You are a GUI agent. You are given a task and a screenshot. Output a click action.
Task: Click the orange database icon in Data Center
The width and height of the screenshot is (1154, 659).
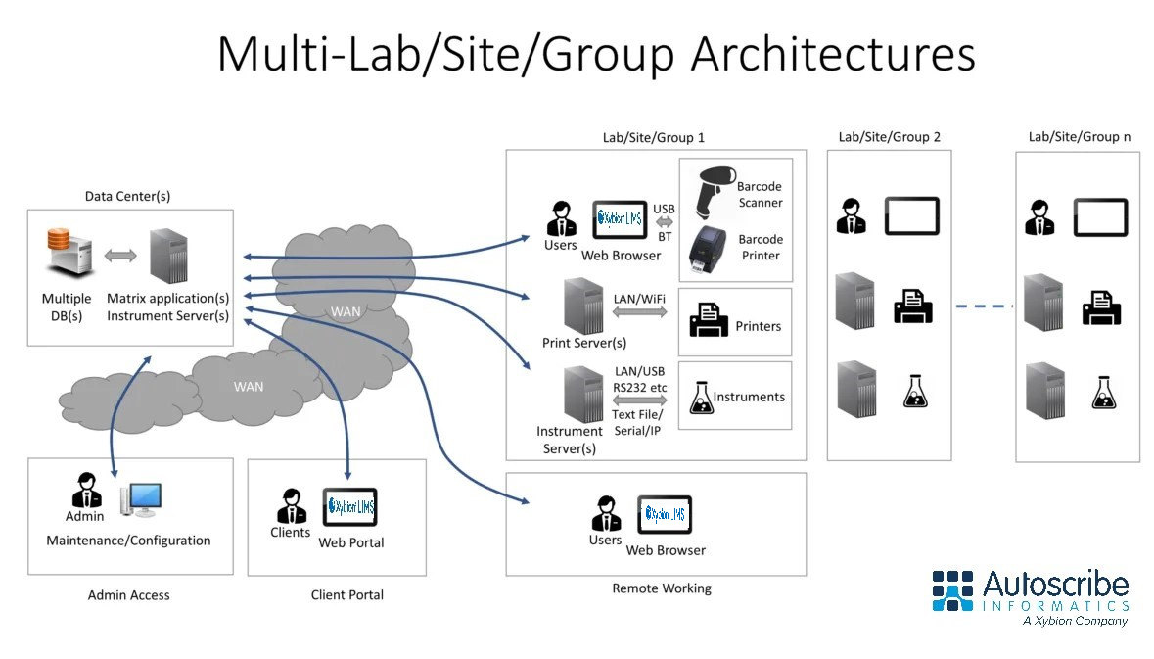67,256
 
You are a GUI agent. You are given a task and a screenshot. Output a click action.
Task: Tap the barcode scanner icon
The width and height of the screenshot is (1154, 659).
714,191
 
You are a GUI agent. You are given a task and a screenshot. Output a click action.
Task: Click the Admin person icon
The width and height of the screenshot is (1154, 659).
86,493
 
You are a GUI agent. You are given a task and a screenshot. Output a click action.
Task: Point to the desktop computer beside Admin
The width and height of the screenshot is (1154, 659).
140,499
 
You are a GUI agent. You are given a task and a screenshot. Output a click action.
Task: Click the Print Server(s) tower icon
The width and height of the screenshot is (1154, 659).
581,305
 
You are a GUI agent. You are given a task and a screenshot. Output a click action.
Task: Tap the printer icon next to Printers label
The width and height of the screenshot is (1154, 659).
709,320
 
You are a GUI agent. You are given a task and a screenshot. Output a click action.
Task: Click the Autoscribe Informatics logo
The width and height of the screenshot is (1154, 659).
1030,595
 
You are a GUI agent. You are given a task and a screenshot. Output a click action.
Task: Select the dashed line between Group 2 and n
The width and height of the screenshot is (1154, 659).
984,306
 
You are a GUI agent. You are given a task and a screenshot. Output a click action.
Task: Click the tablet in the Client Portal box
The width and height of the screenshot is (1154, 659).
349,507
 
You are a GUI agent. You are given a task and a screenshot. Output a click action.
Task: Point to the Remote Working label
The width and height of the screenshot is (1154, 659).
662,588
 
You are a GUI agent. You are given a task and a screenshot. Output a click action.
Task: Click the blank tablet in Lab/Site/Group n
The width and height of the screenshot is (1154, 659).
1100,217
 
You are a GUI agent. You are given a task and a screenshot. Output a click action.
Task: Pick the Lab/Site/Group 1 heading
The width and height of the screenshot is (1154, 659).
654,138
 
